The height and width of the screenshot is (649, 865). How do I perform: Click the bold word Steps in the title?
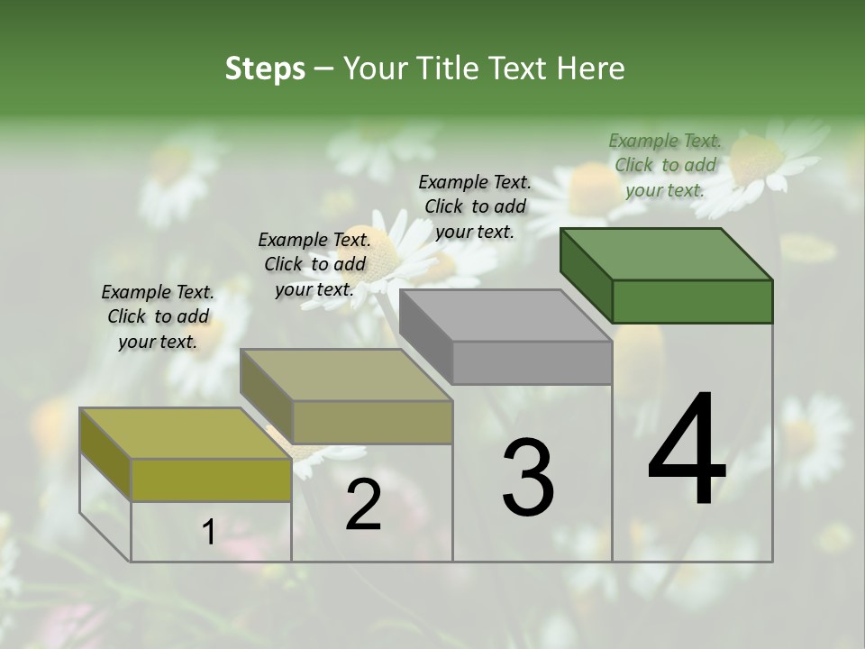pos(265,69)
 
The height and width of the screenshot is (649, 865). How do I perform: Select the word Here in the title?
pos(591,69)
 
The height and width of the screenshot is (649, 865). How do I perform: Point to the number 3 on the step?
pos(528,478)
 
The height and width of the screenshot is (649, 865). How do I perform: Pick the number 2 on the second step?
pos(363,505)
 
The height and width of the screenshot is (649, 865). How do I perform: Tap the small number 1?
pos(209,533)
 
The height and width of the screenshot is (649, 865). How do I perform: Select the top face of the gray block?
pos(505,315)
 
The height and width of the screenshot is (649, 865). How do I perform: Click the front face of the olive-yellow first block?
pos(211,480)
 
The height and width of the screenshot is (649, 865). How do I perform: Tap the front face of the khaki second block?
pos(372,422)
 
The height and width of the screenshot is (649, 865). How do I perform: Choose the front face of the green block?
pos(692,301)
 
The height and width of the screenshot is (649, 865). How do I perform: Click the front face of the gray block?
pos(532,363)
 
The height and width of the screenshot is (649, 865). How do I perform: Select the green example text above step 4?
pos(665,165)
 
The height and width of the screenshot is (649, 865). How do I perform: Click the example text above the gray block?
pos(475,206)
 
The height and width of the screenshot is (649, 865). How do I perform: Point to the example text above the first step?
pos(158,316)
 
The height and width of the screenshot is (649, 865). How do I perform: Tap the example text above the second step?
pos(314,264)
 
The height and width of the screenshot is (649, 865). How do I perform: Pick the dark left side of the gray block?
pos(425,334)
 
